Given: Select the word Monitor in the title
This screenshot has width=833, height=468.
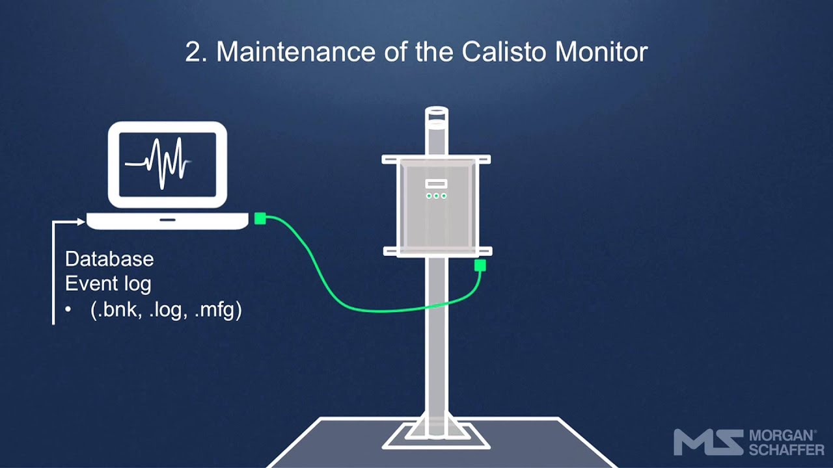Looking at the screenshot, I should click(601, 52).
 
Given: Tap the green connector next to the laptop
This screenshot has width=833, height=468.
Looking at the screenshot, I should click(260, 218).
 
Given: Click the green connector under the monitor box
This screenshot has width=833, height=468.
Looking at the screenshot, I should click(480, 265).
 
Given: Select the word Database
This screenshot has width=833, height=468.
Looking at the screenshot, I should click(109, 259).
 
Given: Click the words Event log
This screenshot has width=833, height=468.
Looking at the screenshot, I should click(108, 283).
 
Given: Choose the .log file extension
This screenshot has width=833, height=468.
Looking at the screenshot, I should click(166, 309).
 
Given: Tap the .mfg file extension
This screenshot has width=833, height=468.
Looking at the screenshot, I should click(217, 309).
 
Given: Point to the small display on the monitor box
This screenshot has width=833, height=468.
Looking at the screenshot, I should click(436, 184).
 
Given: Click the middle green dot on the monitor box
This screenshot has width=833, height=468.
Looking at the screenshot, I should click(436, 196).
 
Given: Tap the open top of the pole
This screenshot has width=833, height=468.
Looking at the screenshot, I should click(436, 112).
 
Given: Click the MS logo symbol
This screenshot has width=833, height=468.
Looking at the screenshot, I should click(708, 442).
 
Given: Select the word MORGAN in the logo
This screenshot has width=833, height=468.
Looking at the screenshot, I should click(782, 435).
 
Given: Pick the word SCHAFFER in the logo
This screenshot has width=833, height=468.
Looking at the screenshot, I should click(786, 449).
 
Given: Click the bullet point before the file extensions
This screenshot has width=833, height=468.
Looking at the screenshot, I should click(68, 310).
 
